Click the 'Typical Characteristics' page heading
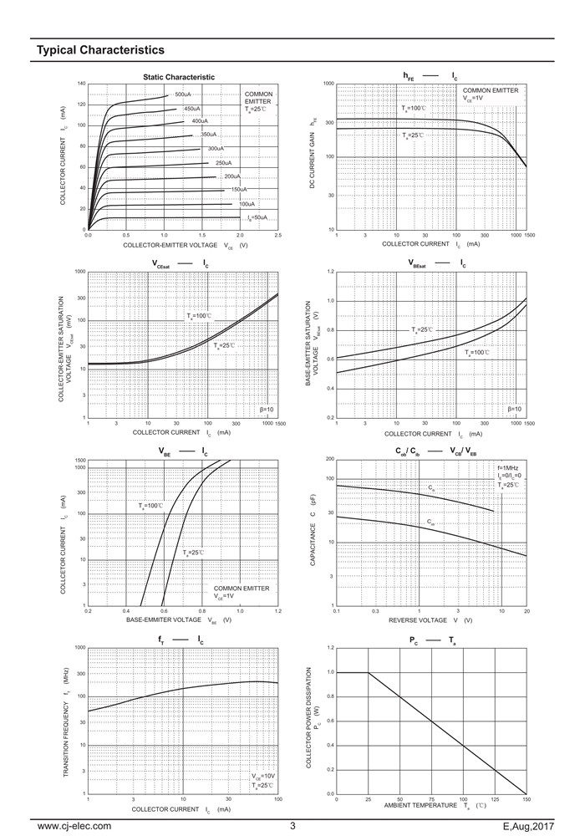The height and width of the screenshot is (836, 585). point(94,50)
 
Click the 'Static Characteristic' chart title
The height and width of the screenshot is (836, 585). point(179,77)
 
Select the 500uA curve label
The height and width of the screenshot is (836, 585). point(183,94)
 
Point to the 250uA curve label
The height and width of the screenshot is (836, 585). point(223,163)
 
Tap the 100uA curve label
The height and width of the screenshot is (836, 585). point(247,204)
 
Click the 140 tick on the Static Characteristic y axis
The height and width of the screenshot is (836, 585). point(81,84)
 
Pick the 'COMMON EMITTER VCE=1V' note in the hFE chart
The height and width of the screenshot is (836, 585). point(490,94)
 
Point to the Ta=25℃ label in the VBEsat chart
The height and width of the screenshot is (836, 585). point(423,330)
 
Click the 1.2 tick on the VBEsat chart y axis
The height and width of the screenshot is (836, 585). point(330,272)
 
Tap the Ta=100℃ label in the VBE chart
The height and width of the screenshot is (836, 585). point(150,506)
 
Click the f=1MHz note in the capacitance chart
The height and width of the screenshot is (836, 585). point(508,467)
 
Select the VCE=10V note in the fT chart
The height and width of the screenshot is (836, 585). point(262,776)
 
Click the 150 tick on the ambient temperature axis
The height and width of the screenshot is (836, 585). point(526,799)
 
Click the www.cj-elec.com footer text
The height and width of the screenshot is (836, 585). point(74,825)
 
